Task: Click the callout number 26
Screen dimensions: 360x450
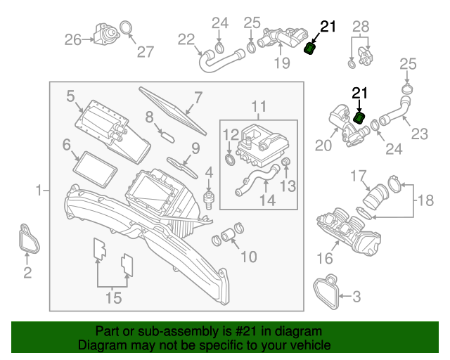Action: click(73, 40)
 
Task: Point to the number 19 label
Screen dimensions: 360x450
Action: click(281, 64)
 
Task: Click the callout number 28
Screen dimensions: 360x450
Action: click(360, 27)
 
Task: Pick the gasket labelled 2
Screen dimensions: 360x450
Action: click(28, 240)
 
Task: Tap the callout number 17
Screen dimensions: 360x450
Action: click(359, 175)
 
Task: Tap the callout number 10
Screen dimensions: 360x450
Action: click(249, 257)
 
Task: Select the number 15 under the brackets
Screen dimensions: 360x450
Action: click(113, 299)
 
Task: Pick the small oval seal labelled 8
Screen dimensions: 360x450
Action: click(166, 134)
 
